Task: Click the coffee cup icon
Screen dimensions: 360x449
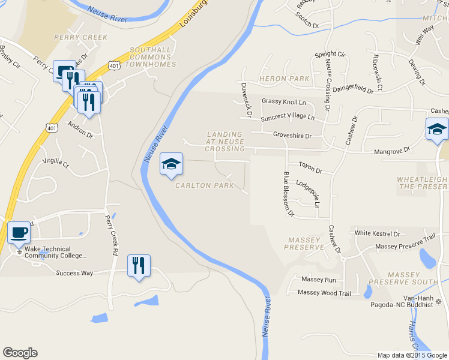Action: click(x=18, y=232)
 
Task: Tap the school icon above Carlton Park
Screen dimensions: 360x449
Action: click(x=171, y=164)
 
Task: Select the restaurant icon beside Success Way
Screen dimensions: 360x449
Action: click(x=139, y=265)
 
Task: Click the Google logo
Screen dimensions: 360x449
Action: click(x=20, y=353)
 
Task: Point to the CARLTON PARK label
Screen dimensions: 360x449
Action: click(x=204, y=185)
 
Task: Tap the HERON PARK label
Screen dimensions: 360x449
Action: click(x=284, y=79)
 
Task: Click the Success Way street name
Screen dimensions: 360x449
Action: click(x=74, y=273)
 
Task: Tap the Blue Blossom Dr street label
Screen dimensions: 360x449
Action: click(x=288, y=194)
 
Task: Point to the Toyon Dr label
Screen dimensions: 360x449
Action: click(x=310, y=170)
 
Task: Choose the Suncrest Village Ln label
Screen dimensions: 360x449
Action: click(x=287, y=118)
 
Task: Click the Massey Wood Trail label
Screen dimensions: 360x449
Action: click(x=324, y=293)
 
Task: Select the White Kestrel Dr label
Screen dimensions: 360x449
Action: click(x=377, y=233)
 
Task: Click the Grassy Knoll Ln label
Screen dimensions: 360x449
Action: click(x=283, y=102)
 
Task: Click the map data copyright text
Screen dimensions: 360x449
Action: click(x=412, y=355)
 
